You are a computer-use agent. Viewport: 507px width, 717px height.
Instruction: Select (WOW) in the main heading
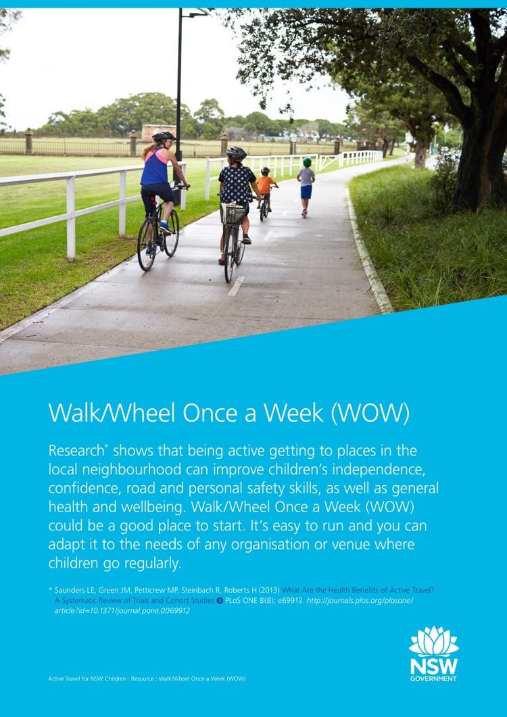point(370,413)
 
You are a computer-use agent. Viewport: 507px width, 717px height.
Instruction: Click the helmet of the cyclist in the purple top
point(163,137)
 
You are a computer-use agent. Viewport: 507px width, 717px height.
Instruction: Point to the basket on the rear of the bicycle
point(234,214)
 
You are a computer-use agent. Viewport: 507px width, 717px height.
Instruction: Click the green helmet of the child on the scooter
point(307,162)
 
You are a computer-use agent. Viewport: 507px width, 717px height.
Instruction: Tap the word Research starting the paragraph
point(75,451)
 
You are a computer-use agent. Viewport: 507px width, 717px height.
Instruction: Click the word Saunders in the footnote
point(74,590)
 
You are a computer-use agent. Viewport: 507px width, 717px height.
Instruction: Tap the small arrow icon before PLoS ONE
point(220,600)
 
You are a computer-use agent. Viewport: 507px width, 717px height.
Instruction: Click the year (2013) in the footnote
point(268,590)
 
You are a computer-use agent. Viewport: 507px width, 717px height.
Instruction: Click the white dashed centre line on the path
point(236,286)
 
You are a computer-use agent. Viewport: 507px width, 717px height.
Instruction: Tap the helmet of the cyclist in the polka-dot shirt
point(236,153)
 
